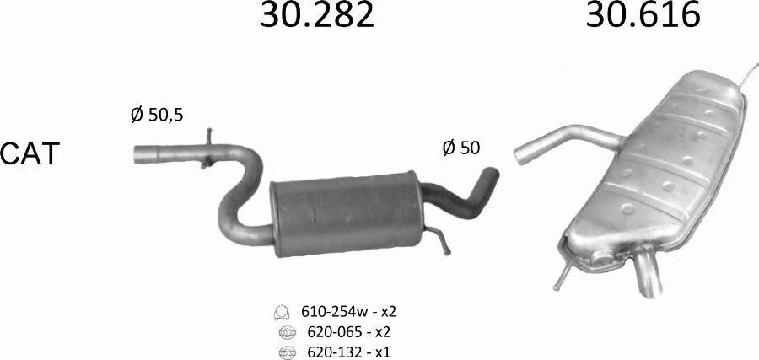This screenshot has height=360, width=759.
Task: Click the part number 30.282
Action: (316, 16)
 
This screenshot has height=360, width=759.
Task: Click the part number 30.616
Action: (643, 16)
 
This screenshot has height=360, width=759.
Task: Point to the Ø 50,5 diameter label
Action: (157, 116)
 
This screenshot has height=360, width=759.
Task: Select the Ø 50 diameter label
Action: (461, 148)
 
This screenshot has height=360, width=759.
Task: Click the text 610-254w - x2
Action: (348, 312)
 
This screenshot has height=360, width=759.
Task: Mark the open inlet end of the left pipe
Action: (139, 155)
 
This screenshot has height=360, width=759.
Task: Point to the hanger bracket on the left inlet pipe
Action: (207, 146)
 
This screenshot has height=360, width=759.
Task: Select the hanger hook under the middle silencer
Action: (444, 242)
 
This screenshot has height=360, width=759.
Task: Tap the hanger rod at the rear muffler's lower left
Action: (561, 274)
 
